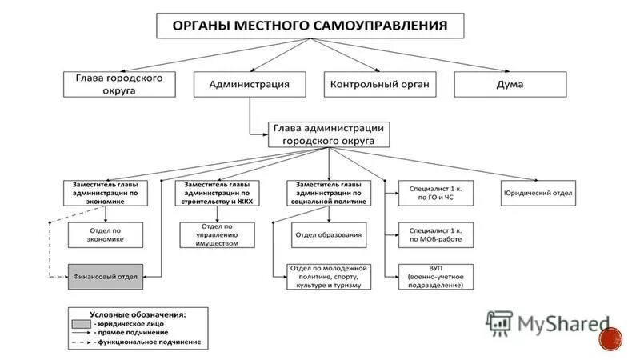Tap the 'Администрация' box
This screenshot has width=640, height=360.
(x=249, y=84)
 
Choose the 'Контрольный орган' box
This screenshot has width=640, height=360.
(x=380, y=84)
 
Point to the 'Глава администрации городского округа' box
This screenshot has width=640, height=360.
(x=329, y=134)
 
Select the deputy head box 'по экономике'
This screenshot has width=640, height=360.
(x=106, y=194)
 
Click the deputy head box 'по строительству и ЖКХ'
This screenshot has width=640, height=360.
(x=217, y=194)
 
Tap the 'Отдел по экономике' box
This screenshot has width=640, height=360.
(x=106, y=234)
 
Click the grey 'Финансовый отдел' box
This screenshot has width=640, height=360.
(x=106, y=277)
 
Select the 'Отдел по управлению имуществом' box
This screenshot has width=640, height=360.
(x=217, y=234)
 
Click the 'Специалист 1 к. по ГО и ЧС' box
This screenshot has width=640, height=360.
(x=436, y=193)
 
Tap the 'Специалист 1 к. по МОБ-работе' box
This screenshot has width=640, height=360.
(x=436, y=234)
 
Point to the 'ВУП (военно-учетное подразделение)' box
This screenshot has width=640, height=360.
(x=436, y=276)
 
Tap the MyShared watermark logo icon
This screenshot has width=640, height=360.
(x=500, y=322)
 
